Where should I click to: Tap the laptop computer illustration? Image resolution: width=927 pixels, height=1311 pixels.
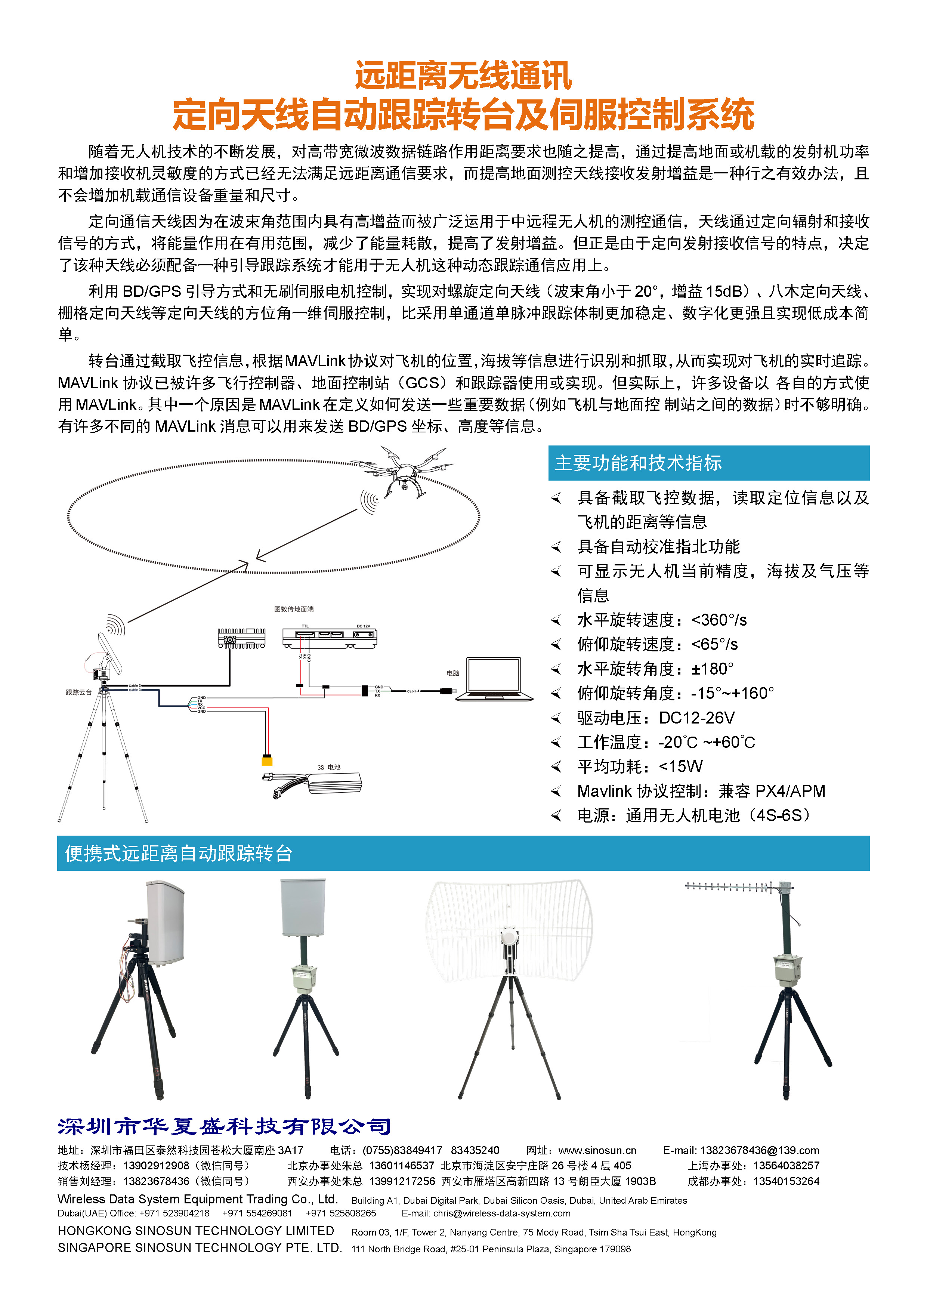(x=494, y=679)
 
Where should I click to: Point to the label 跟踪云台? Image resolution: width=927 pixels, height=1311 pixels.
(x=79, y=692)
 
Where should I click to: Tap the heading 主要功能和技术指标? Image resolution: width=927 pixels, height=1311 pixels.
(x=638, y=463)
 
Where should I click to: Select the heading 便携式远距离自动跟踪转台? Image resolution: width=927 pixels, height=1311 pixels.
(x=179, y=854)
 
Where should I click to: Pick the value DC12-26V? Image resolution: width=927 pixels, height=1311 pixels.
(x=697, y=718)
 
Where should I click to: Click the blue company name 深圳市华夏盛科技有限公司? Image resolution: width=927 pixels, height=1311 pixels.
(x=224, y=1126)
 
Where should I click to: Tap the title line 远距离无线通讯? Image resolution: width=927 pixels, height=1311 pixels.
(x=463, y=76)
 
